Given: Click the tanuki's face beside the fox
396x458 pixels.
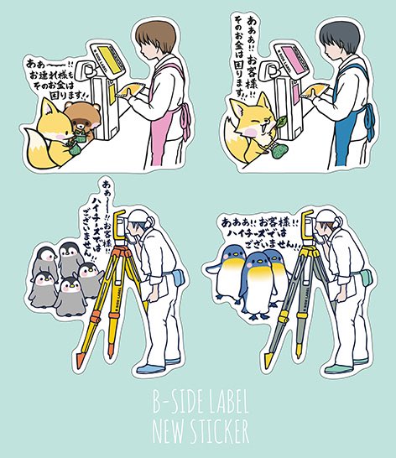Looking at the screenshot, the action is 81,117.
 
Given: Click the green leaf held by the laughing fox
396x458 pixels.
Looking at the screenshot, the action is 281,122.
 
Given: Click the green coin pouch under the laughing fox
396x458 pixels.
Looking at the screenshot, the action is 280,151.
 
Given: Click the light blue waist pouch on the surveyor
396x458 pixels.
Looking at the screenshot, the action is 178,276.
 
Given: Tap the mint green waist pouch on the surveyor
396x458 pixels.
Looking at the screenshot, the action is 366,277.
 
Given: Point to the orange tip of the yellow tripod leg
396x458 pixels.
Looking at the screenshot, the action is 80,359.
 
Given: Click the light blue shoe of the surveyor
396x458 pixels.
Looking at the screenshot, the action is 151,368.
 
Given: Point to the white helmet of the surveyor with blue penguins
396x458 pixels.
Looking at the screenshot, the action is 326,216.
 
